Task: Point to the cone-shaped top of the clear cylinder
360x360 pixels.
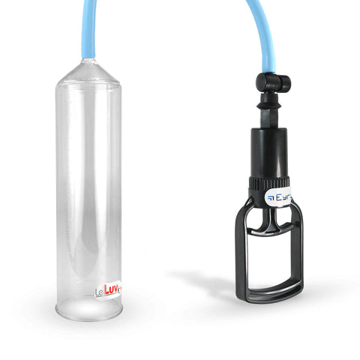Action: [88, 72]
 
